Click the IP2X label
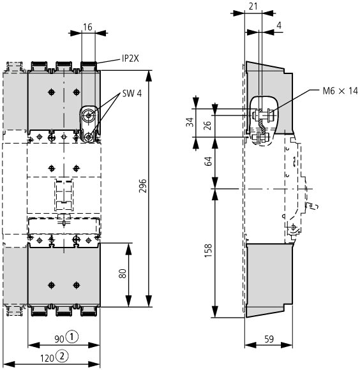tap(130, 58)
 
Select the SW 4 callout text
tap(132, 94)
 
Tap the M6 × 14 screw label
tap(340, 91)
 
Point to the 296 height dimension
tap(143, 186)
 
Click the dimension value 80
tap(123, 274)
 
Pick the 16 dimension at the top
tap(87, 27)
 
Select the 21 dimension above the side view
tap(253, 6)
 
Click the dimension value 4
tap(279, 26)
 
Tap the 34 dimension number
tap(190, 122)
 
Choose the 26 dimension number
tap(207, 126)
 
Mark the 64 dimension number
tap(209, 161)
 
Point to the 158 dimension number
tap(209, 251)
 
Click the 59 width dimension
tap(269, 339)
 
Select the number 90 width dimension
tap(59, 339)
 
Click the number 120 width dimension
tap(47, 359)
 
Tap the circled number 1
tap(71, 337)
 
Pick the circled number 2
tap(62, 355)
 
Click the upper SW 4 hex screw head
tap(89, 116)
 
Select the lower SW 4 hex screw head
tap(89, 137)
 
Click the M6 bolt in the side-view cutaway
tap(263, 115)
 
